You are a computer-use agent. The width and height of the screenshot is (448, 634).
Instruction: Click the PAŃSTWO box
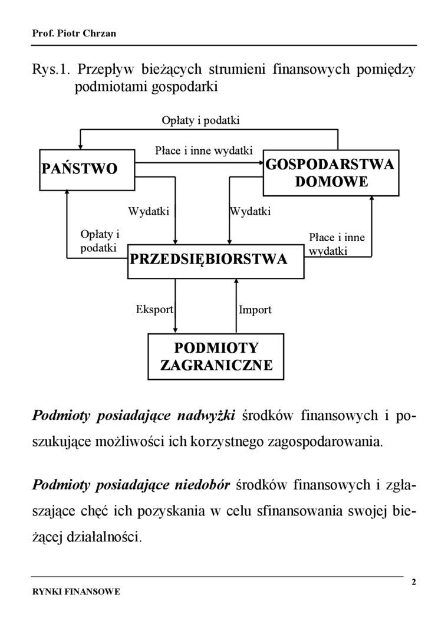click(88, 169)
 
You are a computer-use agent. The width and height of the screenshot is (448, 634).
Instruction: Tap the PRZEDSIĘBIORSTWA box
click(216, 260)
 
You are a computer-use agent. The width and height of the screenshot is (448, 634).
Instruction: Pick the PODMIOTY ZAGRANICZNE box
click(216, 356)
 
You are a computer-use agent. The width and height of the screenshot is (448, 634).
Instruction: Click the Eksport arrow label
click(154, 309)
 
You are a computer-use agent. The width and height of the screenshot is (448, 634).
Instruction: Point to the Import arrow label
click(255, 310)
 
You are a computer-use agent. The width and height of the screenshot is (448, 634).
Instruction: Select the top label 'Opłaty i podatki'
click(200, 120)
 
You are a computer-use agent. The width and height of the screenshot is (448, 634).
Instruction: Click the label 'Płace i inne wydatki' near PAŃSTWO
click(203, 150)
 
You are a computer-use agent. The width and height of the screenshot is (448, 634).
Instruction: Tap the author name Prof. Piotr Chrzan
click(74, 33)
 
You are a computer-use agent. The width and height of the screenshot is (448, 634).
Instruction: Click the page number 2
click(413, 583)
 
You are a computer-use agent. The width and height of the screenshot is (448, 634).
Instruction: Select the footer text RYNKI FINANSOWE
click(76, 591)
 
